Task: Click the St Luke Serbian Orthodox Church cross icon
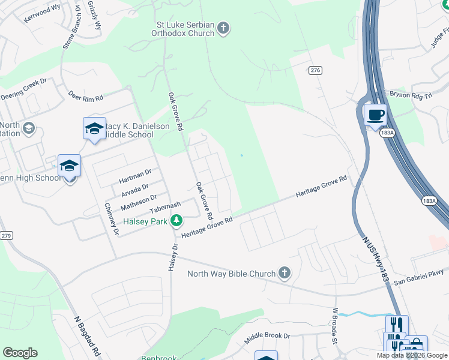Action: click(x=223, y=28)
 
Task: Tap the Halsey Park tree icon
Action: click(x=176, y=221)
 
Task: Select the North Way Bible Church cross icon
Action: click(x=285, y=274)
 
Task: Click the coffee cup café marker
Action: click(x=375, y=115)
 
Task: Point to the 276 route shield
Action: click(x=316, y=70)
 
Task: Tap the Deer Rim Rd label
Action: click(x=86, y=97)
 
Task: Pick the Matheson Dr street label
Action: click(x=139, y=200)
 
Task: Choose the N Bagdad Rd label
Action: click(x=87, y=335)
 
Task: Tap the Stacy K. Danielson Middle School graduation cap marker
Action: click(x=94, y=128)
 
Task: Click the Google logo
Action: click(x=20, y=353)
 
